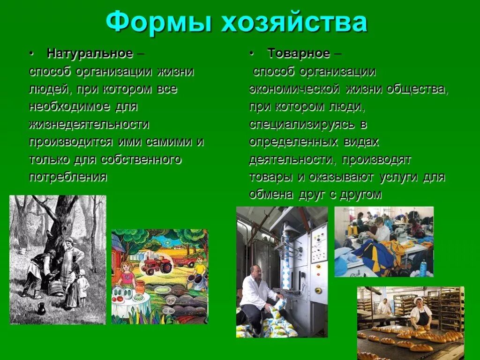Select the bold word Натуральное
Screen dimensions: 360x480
click(x=90, y=53)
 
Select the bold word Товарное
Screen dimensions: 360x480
click(x=299, y=53)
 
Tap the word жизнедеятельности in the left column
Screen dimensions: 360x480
click(x=89, y=124)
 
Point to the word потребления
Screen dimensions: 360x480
click(x=68, y=177)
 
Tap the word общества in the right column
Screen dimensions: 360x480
click(x=417, y=89)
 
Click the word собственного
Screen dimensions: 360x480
click(x=141, y=159)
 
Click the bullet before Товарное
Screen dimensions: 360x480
click(x=252, y=53)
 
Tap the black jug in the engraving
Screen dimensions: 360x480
click(x=41, y=308)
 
